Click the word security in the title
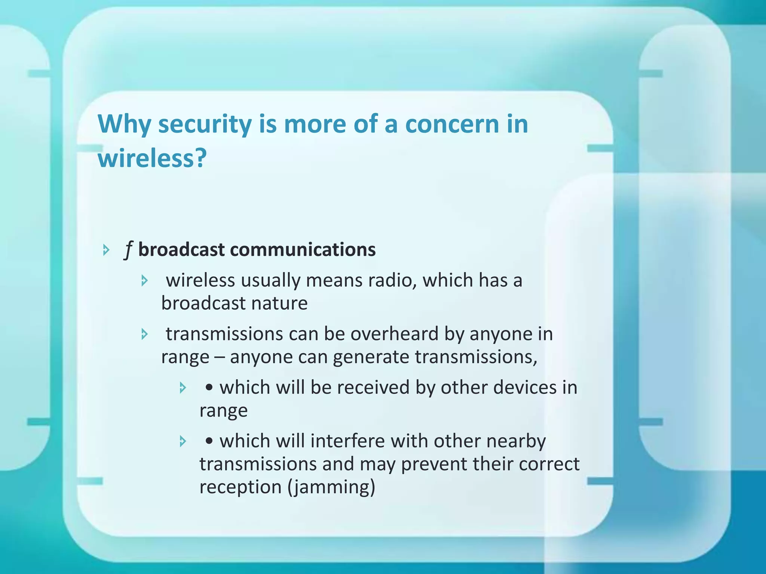pyautogui.click(x=205, y=124)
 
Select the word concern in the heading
pyautogui.click(x=452, y=124)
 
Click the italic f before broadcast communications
pyautogui.click(x=128, y=250)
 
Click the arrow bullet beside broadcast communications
pyautogui.click(x=106, y=250)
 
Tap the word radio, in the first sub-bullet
pyautogui.click(x=392, y=280)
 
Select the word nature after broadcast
pyautogui.click(x=279, y=303)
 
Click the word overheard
pyautogui.click(x=394, y=334)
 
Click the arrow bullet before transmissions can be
pyautogui.click(x=145, y=334)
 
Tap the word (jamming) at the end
pyautogui.click(x=331, y=487)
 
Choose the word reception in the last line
pyautogui.click(x=240, y=487)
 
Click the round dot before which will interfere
pyautogui.click(x=209, y=441)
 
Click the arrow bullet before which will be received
pyautogui.click(x=183, y=388)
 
